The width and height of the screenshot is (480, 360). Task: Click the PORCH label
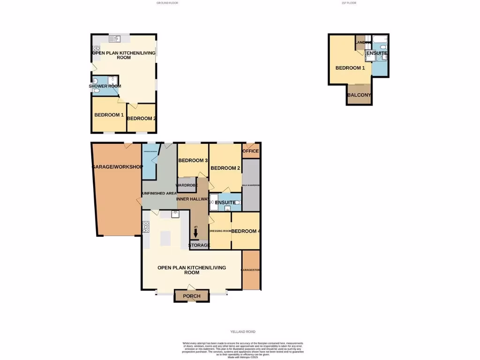coord(191,296)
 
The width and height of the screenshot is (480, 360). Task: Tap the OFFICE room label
coord(251,151)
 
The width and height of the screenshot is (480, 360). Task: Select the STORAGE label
coord(199,246)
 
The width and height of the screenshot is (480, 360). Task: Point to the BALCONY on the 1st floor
coord(360,96)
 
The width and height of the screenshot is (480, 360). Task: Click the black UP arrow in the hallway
coord(195,233)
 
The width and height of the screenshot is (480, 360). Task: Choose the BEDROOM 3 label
coord(193,161)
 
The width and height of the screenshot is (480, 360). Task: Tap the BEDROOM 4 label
coord(246,231)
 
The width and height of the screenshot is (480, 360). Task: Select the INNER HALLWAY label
coord(192,199)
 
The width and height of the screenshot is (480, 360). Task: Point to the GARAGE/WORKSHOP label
coord(118,167)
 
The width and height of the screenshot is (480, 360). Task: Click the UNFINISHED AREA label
coord(159,193)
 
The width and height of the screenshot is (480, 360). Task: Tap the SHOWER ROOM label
coord(105,86)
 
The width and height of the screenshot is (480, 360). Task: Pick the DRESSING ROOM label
coord(220,231)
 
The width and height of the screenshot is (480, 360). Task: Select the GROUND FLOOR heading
coord(167,3)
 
